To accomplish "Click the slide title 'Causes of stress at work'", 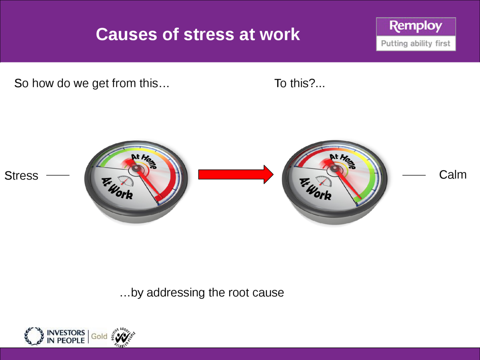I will pos(198,34).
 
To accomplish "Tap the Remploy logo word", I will pos(416,27).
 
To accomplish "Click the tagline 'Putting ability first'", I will pos(416,43).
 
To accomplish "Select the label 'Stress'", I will pos(21,176).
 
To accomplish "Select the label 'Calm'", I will pos(453,175).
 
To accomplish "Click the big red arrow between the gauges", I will pos(236,175).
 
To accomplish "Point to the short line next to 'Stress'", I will pos(58,175).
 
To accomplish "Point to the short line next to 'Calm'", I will pos(414,175).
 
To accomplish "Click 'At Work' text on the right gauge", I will pos(316,189).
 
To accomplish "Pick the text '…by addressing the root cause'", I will pos(202,292).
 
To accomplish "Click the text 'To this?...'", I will pos(299,84).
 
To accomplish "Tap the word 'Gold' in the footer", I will pos(99,336).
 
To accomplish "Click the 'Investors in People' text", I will pos(66,336).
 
